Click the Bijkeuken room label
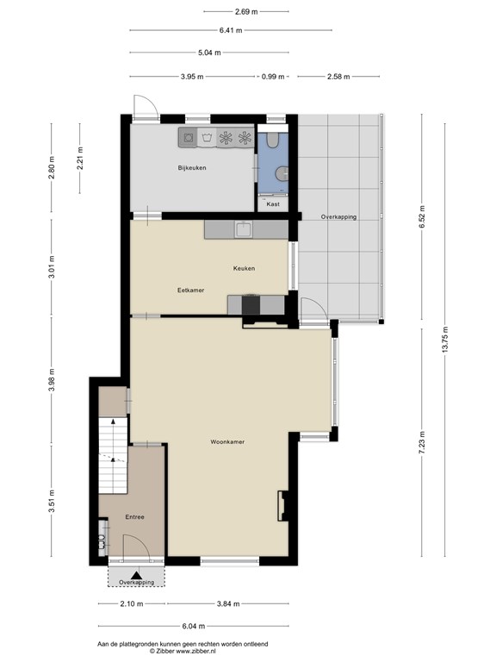192,167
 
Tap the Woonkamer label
227,442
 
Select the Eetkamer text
190,290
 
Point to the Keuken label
245,268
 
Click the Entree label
134,517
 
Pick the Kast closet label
273,204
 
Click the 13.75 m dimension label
445,340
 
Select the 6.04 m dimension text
194,626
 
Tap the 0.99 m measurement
273,77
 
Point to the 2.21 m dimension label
80,158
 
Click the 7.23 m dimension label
422,442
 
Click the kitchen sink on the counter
244,230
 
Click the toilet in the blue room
273,141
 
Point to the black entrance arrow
136,575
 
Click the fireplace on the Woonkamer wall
282,505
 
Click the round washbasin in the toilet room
282,173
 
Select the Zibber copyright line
183,652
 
